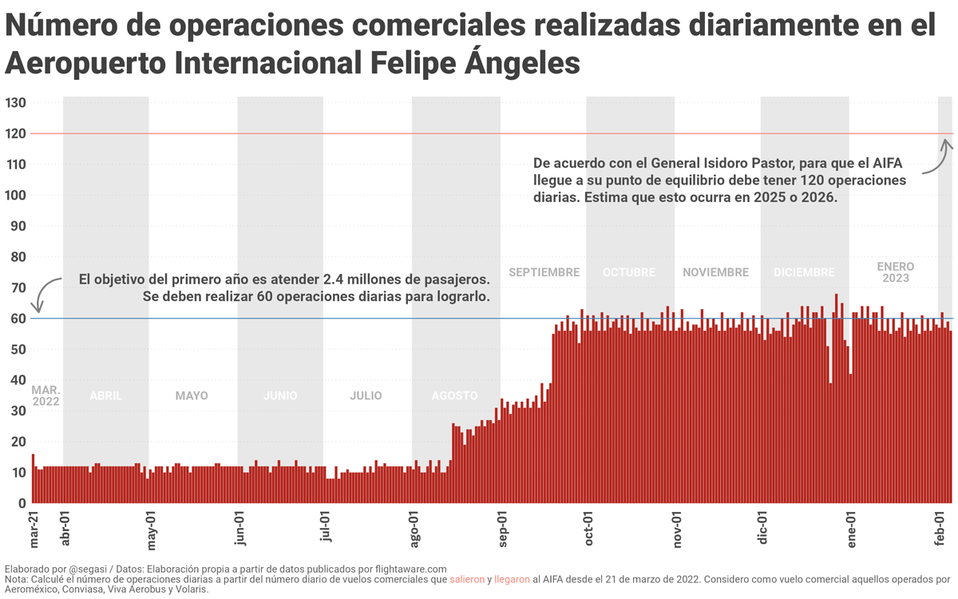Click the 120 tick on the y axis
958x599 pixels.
point(15,134)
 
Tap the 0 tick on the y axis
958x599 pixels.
point(22,504)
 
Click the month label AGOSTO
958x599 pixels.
point(454,395)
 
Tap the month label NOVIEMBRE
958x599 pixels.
point(715,272)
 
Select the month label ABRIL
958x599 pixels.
point(106,395)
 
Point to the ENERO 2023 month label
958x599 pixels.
point(895,272)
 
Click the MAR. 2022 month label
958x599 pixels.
point(46,395)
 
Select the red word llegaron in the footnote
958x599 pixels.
point(512,579)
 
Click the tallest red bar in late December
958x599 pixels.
point(836,399)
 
